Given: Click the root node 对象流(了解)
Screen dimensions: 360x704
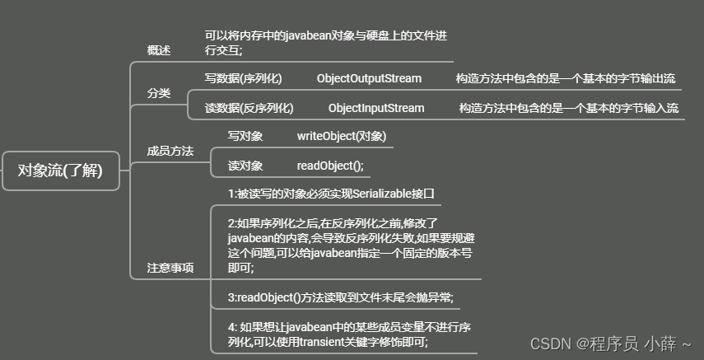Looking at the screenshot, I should tap(62, 171).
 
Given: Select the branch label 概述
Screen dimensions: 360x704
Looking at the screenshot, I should tap(159, 50).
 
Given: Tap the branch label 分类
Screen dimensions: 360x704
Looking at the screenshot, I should tap(159, 93).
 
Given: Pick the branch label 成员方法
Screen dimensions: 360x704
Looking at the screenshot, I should tap(170, 151).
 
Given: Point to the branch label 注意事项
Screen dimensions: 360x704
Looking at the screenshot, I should tap(170, 268).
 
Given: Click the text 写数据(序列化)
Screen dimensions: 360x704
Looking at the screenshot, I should tap(243, 79).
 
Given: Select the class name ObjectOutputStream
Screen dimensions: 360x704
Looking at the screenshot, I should tap(369, 79).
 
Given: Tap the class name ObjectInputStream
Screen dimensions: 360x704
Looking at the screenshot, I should tap(376, 108).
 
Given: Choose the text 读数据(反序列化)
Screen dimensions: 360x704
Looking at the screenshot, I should tap(249, 108).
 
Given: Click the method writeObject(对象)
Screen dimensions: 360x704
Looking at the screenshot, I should tap(341, 136).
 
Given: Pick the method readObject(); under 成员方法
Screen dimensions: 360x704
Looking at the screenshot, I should tap(329, 166).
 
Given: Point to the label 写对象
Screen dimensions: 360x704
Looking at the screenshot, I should tap(245, 136).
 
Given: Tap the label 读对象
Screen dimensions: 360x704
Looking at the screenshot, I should tap(245, 166).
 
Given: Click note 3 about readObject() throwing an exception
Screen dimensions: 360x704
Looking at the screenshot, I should tap(341, 297).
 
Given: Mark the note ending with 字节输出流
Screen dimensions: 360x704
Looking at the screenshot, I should tap(565, 79).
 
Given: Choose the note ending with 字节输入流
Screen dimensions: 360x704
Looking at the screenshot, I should tap(568, 108).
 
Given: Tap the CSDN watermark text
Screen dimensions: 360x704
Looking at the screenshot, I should tap(609, 343).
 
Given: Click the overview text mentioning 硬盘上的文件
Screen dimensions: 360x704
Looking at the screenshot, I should tap(326, 43).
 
